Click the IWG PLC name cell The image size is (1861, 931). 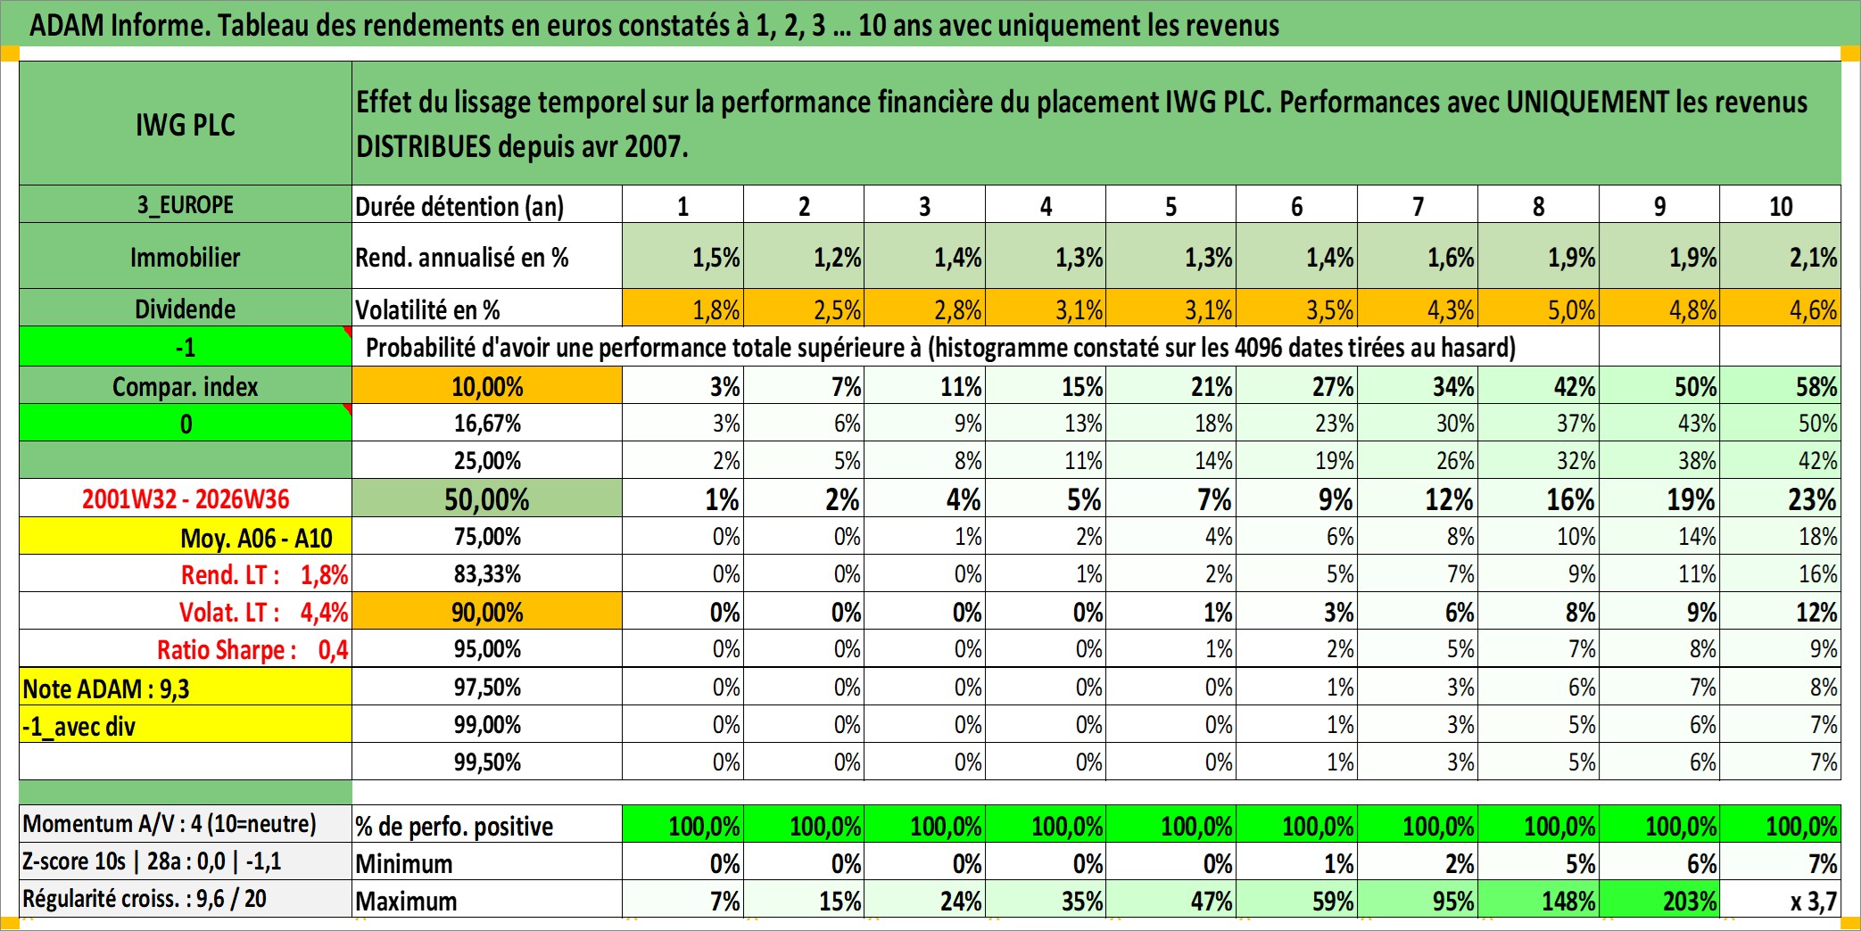coord(186,123)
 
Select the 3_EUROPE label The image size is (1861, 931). coord(186,205)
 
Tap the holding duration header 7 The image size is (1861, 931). coord(1418,206)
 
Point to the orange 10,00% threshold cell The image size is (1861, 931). coord(487,386)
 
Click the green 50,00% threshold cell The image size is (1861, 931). coord(487,498)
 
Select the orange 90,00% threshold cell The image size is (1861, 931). coord(487,612)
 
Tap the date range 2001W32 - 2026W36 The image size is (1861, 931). coord(186,498)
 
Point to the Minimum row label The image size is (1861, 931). coord(404,863)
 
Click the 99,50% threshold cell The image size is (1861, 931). coord(487,762)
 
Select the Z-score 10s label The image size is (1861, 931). coord(74,861)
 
